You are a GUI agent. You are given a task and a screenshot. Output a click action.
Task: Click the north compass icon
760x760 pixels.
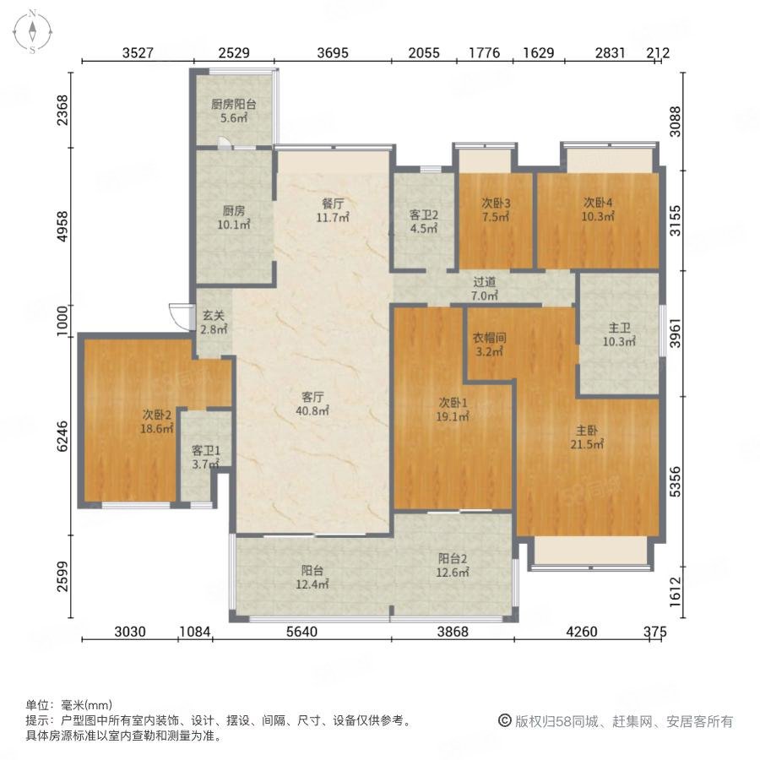pos(32,31)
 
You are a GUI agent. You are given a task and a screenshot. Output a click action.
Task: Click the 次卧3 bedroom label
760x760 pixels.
pos(496,210)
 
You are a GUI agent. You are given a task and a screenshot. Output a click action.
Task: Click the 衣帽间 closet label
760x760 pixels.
pos(489,345)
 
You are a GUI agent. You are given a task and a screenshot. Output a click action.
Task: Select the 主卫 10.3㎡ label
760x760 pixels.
pos(618,335)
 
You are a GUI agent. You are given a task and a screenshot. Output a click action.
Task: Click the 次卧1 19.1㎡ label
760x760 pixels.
pos(453,409)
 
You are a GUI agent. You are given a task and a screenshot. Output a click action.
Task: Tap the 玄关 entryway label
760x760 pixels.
pos(213,323)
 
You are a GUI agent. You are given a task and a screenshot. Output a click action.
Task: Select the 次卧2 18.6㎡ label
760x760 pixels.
pos(157,421)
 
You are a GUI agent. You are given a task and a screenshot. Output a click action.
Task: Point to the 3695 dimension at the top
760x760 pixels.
pos(333,53)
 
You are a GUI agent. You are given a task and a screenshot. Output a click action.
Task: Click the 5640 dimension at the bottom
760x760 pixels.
pos(301,632)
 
